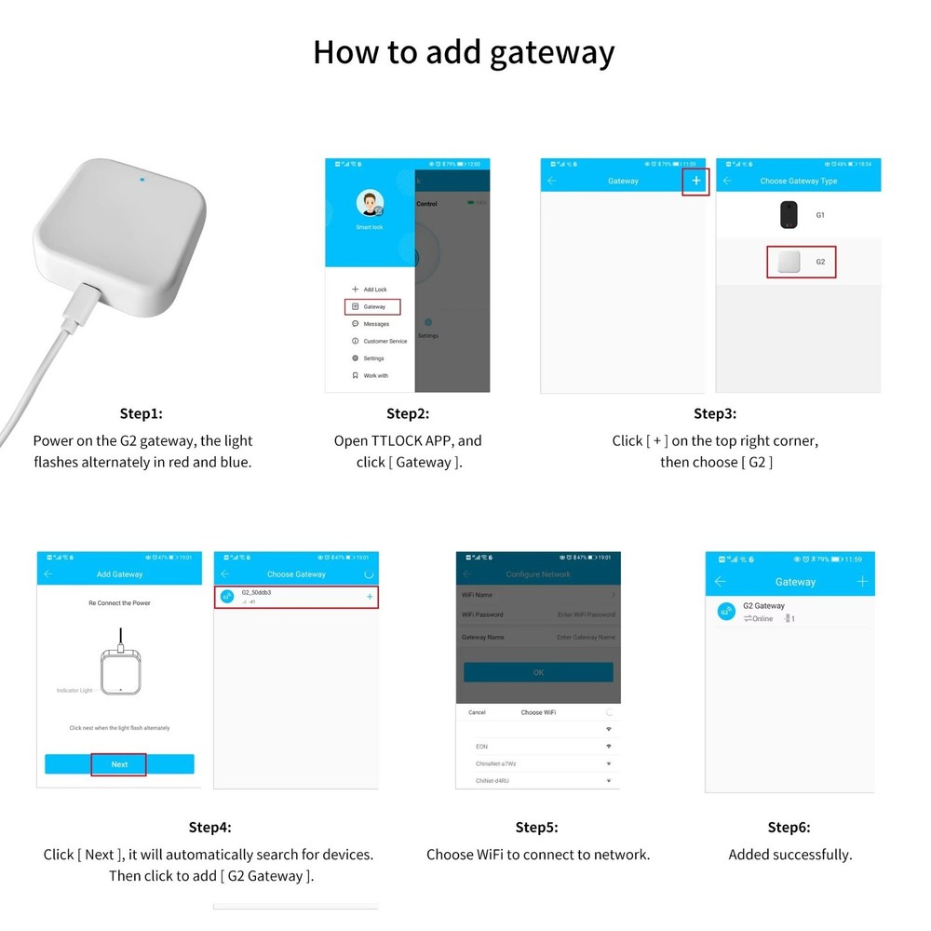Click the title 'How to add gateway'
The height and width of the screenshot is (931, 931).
tap(464, 52)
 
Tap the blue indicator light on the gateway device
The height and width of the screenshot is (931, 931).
tap(141, 179)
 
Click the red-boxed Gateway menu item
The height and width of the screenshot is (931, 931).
tap(372, 306)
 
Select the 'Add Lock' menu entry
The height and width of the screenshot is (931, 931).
tap(374, 290)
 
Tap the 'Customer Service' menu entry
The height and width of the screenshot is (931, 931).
tap(385, 342)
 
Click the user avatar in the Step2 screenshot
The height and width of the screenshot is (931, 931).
tap(370, 204)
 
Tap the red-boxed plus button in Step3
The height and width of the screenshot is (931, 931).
tap(695, 182)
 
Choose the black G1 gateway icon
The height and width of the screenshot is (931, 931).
tap(789, 215)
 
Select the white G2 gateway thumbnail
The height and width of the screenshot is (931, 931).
tap(789, 262)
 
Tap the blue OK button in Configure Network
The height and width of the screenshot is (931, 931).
tap(538, 672)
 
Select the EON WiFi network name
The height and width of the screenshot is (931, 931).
tap(481, 747)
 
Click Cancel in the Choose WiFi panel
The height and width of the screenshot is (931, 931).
tap(477, 712)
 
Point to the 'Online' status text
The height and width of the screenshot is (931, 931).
tap(762, 619)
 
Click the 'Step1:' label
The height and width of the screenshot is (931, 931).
tap(141, 413)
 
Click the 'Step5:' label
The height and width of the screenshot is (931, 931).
tap(537, 827)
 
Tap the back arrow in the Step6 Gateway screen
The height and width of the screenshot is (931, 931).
tap(720, 582)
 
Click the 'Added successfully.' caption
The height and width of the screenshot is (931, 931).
tap(789, 854)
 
